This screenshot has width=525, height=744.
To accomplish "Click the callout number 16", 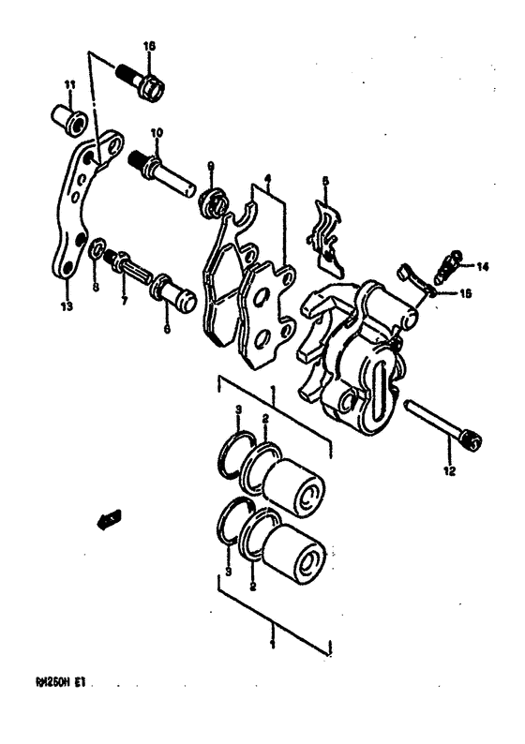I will (x=149, y=46).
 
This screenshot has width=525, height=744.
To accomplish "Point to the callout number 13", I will (x=66, y=305).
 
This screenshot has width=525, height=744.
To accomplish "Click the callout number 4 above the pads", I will (x=267, y=178).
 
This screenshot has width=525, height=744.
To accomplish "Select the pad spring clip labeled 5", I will (x=325, y=230).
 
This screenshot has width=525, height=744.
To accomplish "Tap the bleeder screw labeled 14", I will (x=446, y=261).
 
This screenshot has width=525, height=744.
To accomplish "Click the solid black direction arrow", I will (x=109, y=516).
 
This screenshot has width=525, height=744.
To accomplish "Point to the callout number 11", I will (x=68, y=86).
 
